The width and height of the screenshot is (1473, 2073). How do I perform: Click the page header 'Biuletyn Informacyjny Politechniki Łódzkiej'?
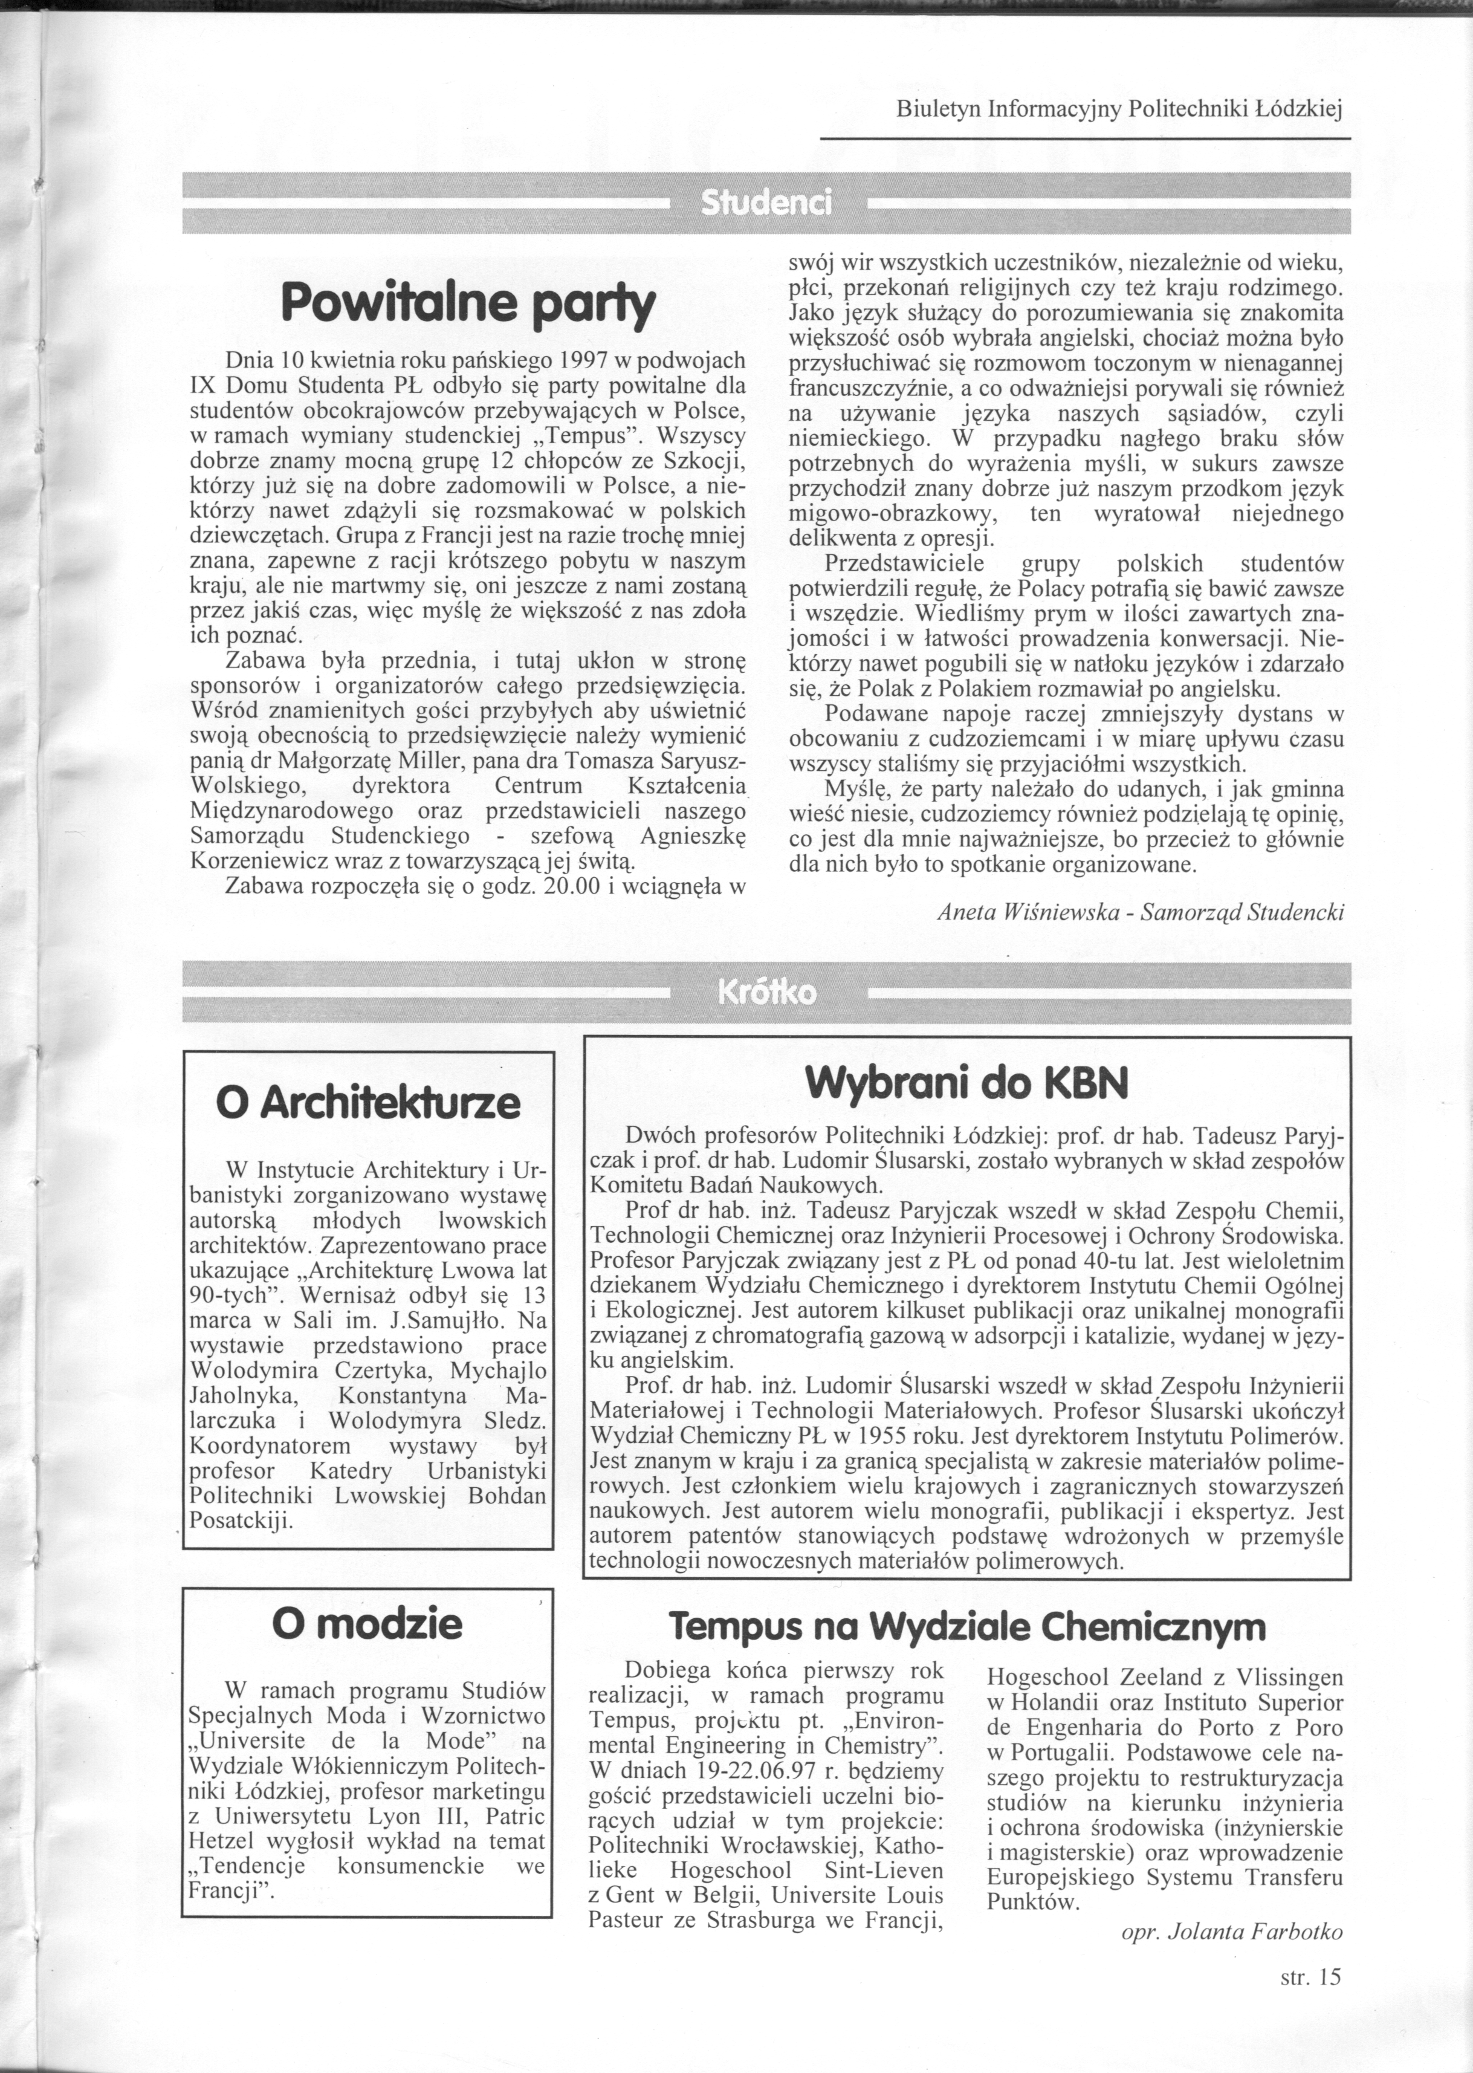1118,110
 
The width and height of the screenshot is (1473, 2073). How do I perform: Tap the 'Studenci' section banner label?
766,203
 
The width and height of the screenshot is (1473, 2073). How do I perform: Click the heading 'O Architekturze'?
368,1103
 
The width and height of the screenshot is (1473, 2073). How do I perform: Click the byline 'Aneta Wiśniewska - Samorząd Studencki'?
1140,912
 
